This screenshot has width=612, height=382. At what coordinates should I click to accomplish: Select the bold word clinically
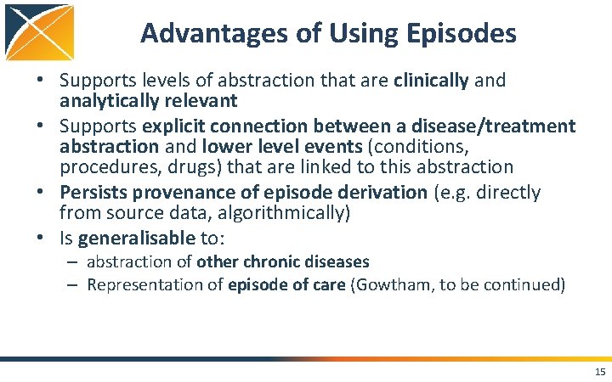[431, 81]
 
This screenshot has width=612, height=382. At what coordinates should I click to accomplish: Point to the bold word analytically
[108, 101]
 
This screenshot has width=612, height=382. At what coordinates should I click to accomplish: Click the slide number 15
[600, 372]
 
